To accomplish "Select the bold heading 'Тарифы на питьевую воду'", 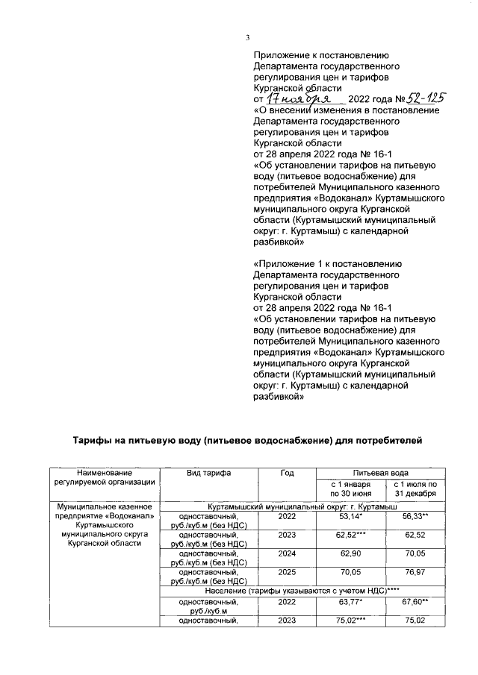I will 246,441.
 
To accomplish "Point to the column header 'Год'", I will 287,474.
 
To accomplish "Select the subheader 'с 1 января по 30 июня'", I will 347,490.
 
